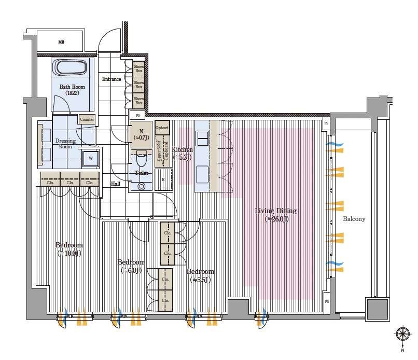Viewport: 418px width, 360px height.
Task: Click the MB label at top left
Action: [61, 42]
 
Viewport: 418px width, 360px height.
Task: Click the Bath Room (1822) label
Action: [72, 90]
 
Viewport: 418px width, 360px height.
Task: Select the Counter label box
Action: [87, 119]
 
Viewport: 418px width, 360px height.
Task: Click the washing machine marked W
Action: [91, 158]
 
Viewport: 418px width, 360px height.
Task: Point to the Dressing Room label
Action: [65, 144]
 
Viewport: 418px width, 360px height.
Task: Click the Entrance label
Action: [112, 79]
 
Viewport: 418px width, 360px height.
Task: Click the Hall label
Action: [116, 184]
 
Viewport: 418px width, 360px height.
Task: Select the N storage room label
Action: [141, 134]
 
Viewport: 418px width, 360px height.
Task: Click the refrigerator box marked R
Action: [163, 179]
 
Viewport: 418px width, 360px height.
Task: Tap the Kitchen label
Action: [183, 153]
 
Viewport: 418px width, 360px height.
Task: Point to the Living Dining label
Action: [275, 214]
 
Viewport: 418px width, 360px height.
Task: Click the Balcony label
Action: [354, 219]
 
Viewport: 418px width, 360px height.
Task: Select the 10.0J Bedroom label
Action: [69, 249]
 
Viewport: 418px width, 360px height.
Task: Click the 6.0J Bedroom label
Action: [131, 266]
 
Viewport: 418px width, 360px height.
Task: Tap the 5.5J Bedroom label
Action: [200, 275]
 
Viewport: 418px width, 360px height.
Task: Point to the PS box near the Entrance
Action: [137, 116]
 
